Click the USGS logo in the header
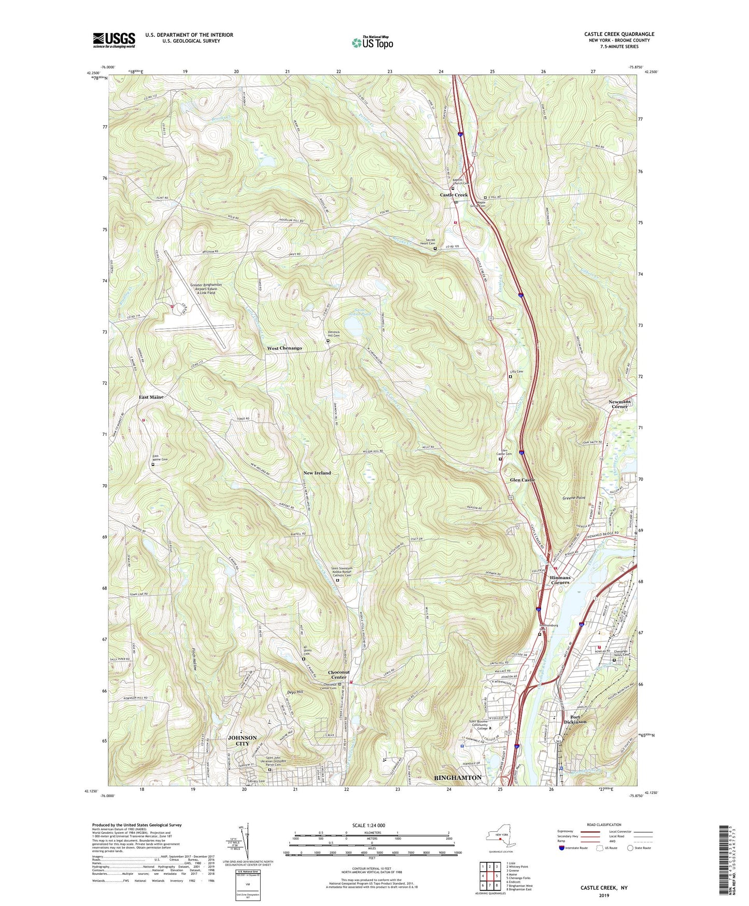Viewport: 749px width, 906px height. (114, 39)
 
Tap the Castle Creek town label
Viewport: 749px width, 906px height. (454, 195)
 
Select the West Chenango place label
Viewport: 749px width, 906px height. (284, 348)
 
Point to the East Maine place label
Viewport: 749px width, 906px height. (151, 397)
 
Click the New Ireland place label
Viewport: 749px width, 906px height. (317, 473)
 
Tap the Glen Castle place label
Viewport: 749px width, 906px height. (522, 480)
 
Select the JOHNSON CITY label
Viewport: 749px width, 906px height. (242, 740)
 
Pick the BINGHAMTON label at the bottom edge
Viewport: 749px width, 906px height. (457, 777)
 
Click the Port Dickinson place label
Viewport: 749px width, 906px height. (575, 719)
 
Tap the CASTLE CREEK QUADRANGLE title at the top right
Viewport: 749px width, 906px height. (619, 34)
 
